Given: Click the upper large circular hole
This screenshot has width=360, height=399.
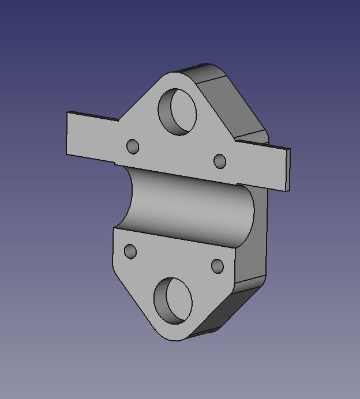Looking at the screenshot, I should (x=178, y=112).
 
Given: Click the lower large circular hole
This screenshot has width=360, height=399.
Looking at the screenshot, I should (x=173, y=300).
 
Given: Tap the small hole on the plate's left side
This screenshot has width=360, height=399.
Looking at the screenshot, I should (x=133, y=146).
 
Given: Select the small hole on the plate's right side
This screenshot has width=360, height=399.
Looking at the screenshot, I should (x=220, y=161).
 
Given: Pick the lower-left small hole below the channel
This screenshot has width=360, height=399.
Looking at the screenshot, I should (x=130, y=251).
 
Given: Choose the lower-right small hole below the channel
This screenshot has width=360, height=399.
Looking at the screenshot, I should (x=217, y=266).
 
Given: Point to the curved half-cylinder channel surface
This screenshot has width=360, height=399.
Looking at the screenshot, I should (x=190, y=208).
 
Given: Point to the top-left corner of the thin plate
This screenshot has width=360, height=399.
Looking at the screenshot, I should (x=68, y=112).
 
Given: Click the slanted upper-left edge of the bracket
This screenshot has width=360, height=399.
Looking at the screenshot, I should (x=138, y=104).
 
